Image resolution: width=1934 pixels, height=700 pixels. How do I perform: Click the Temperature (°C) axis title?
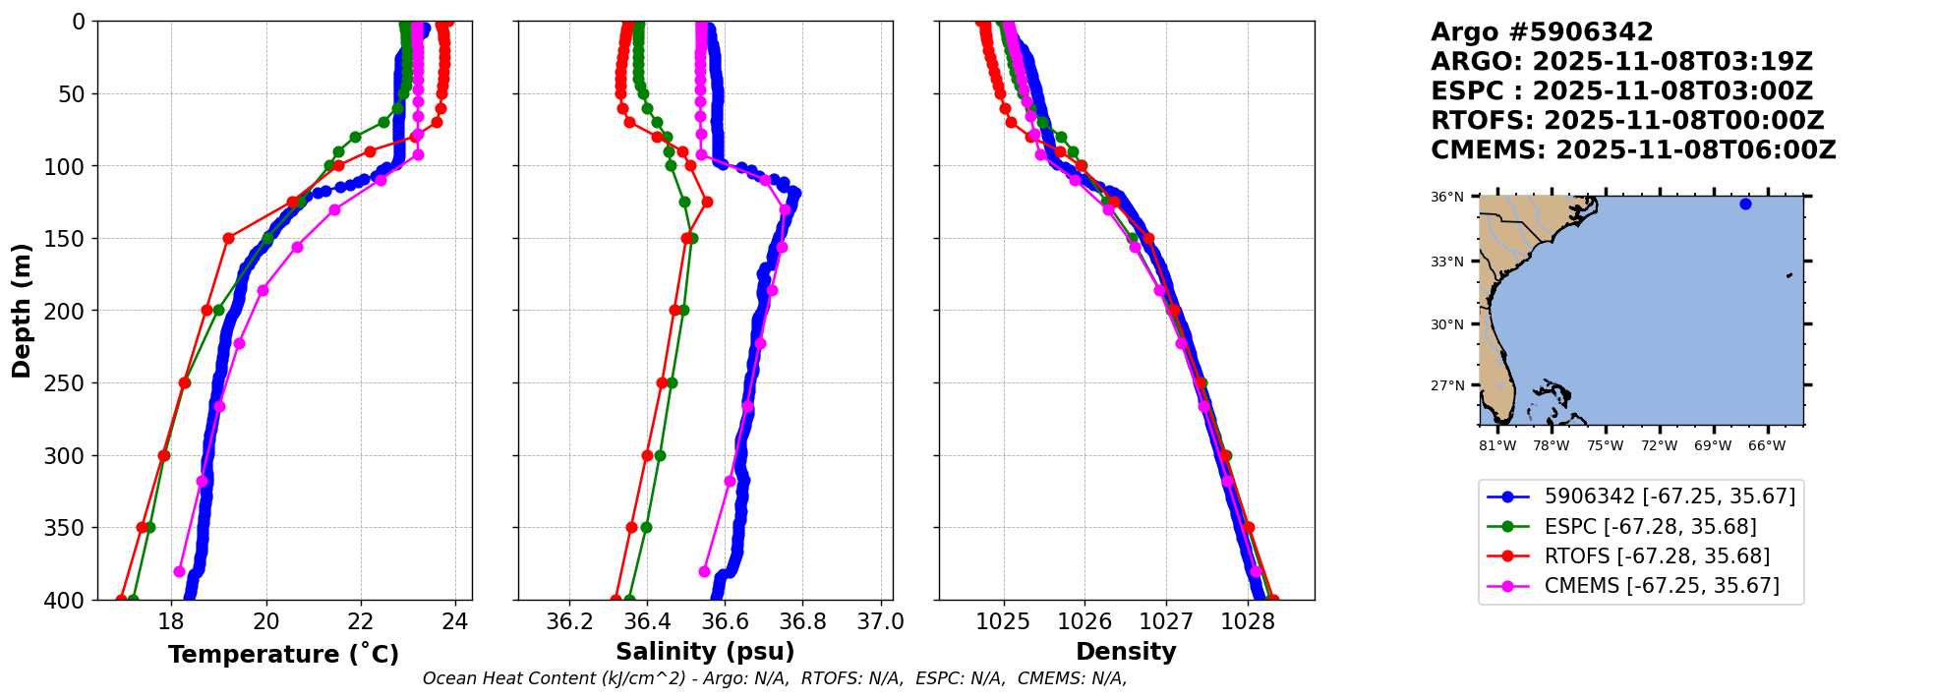pyautogui.click(x=283, y=654)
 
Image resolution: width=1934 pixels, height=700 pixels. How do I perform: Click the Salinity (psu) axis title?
pyautogui.click(x=705, y=652)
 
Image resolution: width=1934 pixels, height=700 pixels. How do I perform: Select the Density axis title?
pyautogui.click(x=1126, y=652)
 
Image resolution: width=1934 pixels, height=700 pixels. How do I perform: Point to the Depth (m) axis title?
pyautogui.click(x=22, y=311)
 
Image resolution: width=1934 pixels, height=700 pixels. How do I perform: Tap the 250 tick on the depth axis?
pyautogui.click(x=69, y=383)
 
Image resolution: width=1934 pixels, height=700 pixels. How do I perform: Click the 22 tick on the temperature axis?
pyautogui.click(x=361, y=621)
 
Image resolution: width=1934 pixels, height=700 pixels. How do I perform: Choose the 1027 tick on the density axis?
pyautogui.click(x=1166, y=621)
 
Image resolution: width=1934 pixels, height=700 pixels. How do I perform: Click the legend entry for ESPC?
pyautogui.click(x=1650, y=527)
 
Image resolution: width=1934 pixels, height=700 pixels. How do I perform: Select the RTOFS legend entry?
pyautogui.click(x=1657, y=556)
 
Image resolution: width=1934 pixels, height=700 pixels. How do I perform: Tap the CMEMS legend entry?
pyautogui.click(x=1661, y=586)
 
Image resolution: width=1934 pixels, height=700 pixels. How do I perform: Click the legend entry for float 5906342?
pyautogui.click(x=1670, y=496)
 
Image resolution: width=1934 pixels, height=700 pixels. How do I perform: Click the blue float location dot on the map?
pyautogui.click(x=1745, y=204)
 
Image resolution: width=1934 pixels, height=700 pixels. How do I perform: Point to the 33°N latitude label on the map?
pyautogui.click(x=1446, y=262)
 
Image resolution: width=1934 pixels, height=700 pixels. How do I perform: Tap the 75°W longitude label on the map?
pyautogui.click(x=1606, y=446)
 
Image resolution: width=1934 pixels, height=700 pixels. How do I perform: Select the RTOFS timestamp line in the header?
pyautogui.click(x=1627, y=121)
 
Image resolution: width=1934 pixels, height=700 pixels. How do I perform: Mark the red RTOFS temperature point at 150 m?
pyautogui.click(x=228, y=238)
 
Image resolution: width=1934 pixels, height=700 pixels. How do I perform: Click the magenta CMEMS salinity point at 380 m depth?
pyautogui.click(x=704, y=571)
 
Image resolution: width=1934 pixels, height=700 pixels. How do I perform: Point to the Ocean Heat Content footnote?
pyautogui.click(x=775, y=678)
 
